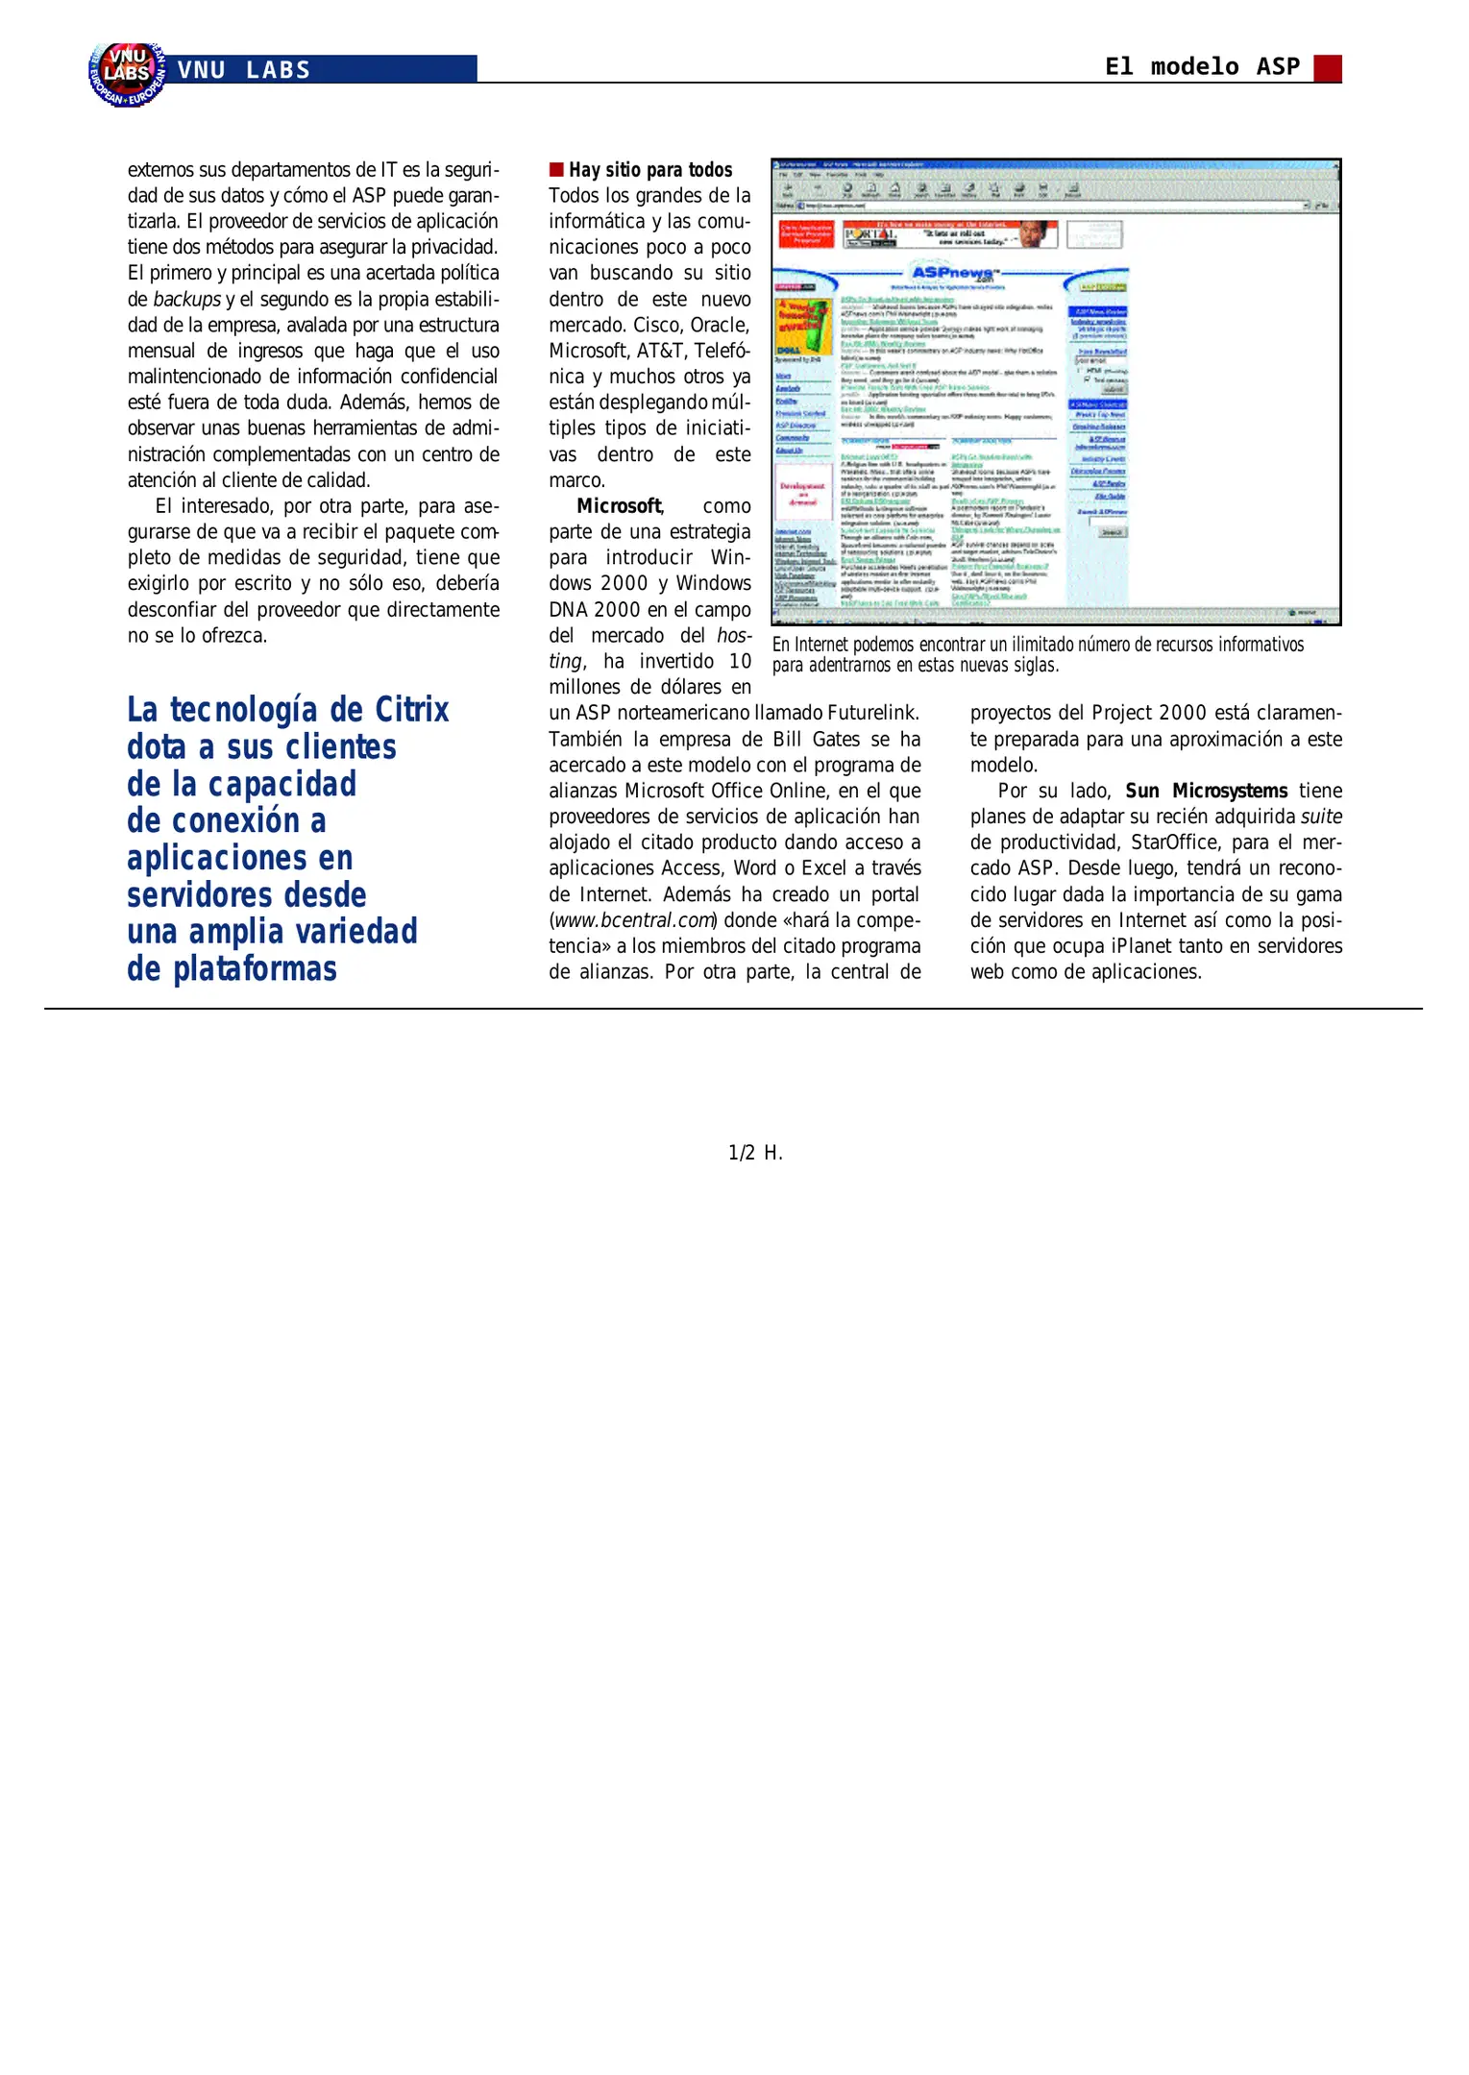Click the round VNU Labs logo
point(126,73)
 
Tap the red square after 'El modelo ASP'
point(1327,68)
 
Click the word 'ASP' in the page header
point(1278,66)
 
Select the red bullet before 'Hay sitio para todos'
point(555,170)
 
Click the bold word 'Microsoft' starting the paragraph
point(619,506)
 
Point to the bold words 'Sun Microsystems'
point(1206,791)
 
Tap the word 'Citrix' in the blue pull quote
point(411,710)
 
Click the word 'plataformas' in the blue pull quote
point(255,968)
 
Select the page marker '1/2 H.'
point(755,1153)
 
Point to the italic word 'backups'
point(186,299)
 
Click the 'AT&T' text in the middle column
point(661,351)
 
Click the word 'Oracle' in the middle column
point(718,325)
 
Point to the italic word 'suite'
point(1321,817)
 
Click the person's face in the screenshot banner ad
point(1034,233)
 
